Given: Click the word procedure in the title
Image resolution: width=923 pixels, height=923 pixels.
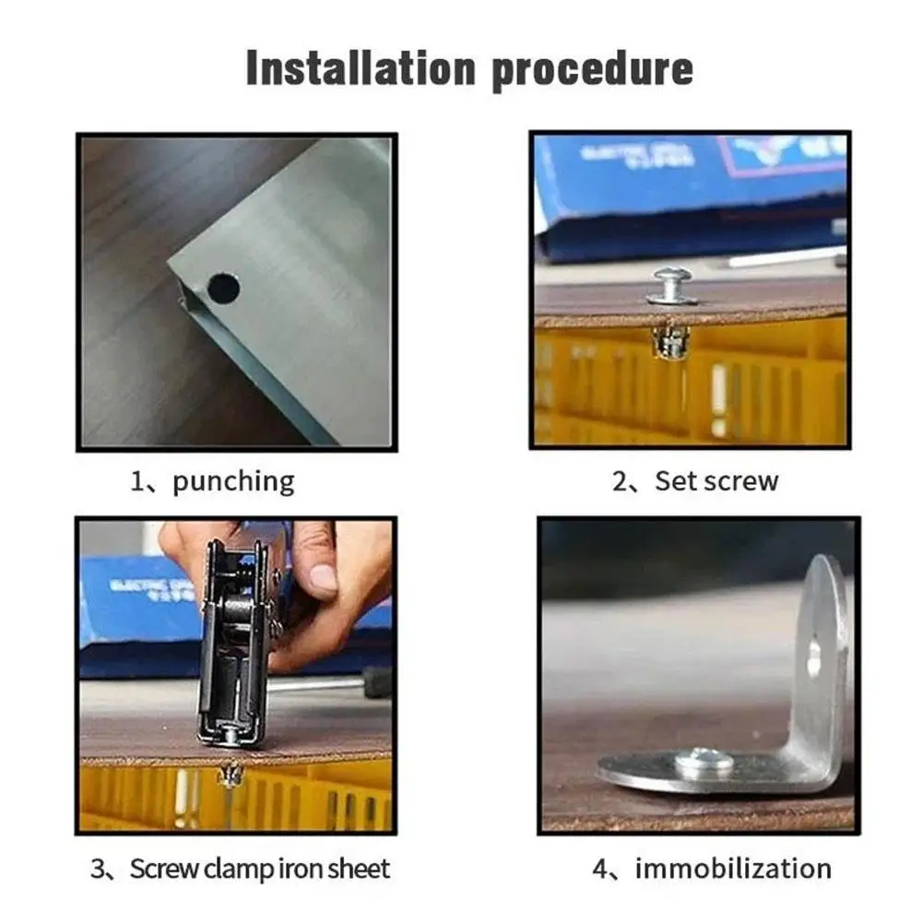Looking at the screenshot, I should click(591, 70).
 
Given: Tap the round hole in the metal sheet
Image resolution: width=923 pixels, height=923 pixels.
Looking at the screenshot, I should click(223, 289).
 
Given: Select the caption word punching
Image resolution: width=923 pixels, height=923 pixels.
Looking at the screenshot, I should click(233, 481).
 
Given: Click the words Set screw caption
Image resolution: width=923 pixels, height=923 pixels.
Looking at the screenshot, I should click(716, 481).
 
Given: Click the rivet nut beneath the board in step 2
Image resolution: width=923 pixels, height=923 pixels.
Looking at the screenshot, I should click(671, 341).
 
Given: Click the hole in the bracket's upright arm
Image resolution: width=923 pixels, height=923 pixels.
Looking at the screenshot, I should click(814, 657).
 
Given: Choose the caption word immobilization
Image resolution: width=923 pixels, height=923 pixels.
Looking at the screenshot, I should click(733, 869).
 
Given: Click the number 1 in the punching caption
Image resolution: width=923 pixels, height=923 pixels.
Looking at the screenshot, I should click(137, 481).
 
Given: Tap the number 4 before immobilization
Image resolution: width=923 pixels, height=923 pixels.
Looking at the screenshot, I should click(599, 869).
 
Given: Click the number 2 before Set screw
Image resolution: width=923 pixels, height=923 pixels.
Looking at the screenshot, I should click(621, 481).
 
